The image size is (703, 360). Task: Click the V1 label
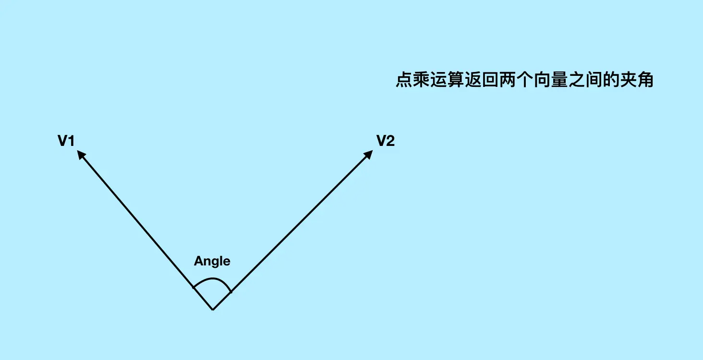[66, 141]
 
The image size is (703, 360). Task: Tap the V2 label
[385, 141]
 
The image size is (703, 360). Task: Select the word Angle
[212, 261]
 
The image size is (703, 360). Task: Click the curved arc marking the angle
[212, 279]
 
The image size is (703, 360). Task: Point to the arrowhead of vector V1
[81, 155]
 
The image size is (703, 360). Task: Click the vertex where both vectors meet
[213, 310]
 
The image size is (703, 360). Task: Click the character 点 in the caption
[404, 80]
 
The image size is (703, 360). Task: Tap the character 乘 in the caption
[422, 80]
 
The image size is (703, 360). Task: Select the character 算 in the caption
[456, 80]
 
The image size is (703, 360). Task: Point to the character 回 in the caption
[491, 80]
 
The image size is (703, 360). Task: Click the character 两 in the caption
[508, 80]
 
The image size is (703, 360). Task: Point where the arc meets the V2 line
[231, 291]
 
